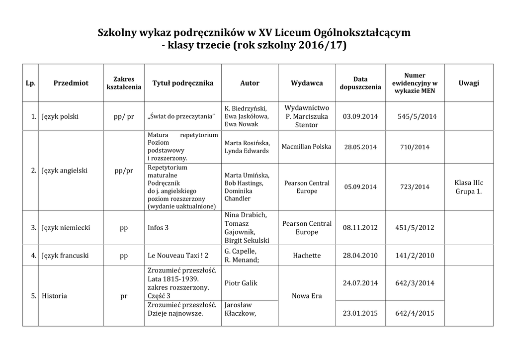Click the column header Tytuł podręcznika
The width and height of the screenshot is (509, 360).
(x=182, y=83)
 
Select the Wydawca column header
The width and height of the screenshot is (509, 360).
(x=307, y=83)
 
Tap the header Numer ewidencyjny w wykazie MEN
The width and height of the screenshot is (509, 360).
(x=415, y=83)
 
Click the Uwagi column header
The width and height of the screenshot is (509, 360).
(x=469, y=83)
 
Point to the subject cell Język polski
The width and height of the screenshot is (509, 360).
(x=60, y=116)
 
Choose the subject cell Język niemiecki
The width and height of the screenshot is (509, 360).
(x=66, y=228)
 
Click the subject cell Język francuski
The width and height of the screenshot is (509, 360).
(x=65, y=256)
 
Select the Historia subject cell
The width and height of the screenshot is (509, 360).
(x=55, y=296)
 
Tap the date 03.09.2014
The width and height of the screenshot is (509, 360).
(x=360, y=116)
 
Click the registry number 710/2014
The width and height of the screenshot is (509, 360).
(x=415, y=147)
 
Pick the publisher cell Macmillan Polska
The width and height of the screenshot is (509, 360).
(x=307, y=147)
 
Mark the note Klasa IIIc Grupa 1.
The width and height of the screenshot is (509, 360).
(x=469, y=187)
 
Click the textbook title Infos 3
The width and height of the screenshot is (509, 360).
(x=158, y=228)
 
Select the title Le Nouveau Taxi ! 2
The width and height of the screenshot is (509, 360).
(x=178, y=256)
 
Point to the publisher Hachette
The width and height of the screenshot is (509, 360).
(x=307, y=256)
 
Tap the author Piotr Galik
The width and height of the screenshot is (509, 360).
(x=241, y=283)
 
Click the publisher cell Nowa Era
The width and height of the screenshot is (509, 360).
(x=307, y=296)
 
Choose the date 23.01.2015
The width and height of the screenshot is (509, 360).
(x=360, y=313)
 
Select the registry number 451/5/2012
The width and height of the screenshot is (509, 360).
(x=415, y=228)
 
